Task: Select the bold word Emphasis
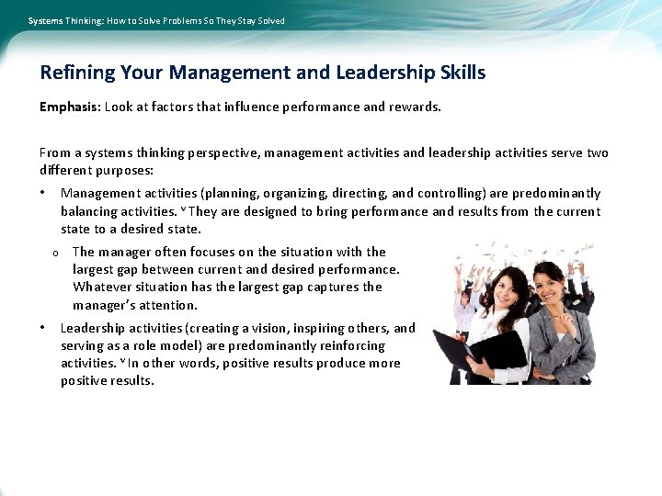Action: (69, 107)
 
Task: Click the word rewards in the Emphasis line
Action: (414, 107)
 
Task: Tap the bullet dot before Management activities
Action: (42, 193)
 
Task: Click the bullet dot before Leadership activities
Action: (42, 328)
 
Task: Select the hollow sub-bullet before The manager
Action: (55, 253)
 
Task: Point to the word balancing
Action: (90, 211)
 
